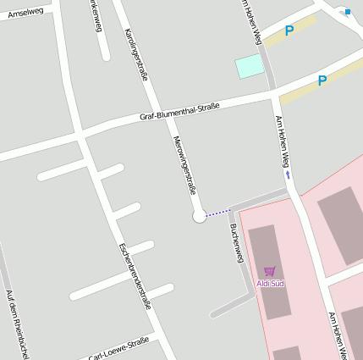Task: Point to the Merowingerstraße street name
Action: pyautogui.click(x=184, y=164)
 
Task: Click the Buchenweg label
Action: pyautogui.click(x=237, y=243)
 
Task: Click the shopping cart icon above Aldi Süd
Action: pyautogui.click(x=270, y=272)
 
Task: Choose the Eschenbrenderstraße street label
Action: pyautogui.click(x=135, y=275)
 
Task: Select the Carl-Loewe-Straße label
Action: pyautogui.click(x=118, y=348)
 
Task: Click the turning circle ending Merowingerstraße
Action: pyautogui.click(x=200, y=216)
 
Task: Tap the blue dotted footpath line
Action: pyautogui.click(x=218, y=211)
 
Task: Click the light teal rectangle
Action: pyautogui.click(x=250, y=66)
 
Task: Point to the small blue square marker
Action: pyautogui.click(x=347, y=12)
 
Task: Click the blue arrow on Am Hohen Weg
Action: pyautogui.click(x=288, y=175)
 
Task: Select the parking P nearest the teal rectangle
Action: pyautogui.click(x=289, y=31)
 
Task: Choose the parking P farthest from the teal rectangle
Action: pyautogui.click(x=322, y=81)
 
